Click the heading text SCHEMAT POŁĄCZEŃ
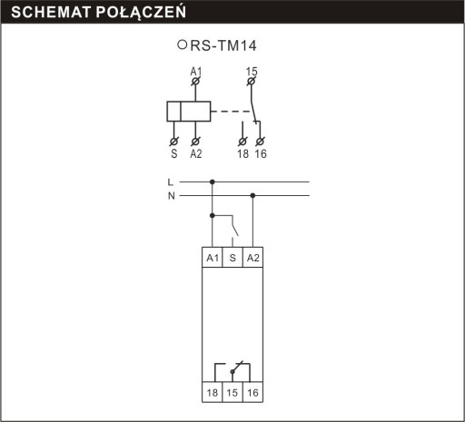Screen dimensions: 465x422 [x=99, y=13]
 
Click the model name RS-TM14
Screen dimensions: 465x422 [x=223, y=45]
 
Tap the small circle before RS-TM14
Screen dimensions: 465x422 [x=182, y=44]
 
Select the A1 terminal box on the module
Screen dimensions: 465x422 [x=213, y=258]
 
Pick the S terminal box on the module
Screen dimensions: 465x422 [x=232, y=258]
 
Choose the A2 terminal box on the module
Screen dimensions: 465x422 [x=252, y=258]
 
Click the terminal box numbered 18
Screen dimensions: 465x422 [x=213, y=392]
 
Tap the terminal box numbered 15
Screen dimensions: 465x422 [x=232, y=392]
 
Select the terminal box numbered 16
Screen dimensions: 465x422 [x=252, y=392]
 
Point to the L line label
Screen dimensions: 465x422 [x=171, y=182]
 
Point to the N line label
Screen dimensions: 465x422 [x=172, y=196]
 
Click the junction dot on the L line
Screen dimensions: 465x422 [x=213, y=182]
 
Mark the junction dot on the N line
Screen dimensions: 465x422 [x=252, y=196]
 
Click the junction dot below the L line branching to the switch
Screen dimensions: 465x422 [x=213, y=215]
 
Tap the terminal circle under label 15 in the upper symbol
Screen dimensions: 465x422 [x=251, y=81]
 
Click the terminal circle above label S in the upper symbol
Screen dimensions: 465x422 [x=173, y=142]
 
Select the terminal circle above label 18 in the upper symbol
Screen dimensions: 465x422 [x=242, y=142]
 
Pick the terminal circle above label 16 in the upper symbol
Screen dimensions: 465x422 [x=260, y=142]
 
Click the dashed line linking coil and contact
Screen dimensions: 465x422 [x=231, y=112]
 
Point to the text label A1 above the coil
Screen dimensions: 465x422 [x=196, y=72]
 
